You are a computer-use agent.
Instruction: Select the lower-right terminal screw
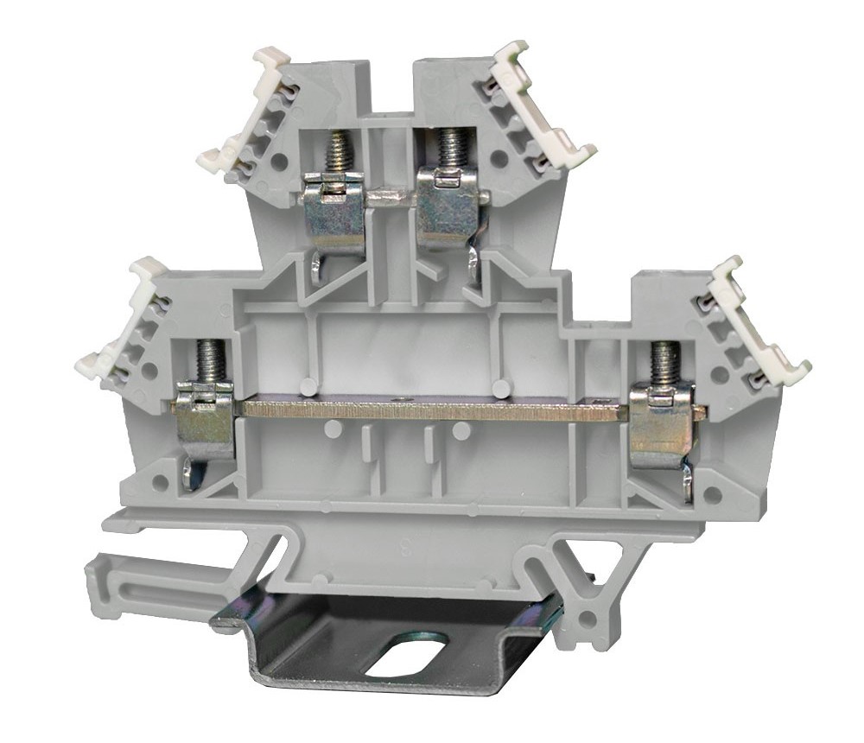click(663, 364)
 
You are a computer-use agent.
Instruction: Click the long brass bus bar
click(432, 408)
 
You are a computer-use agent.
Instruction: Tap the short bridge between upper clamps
click(391, 197)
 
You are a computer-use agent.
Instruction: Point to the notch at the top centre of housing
click(395, 86)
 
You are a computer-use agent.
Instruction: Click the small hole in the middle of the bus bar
click(396, 400)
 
